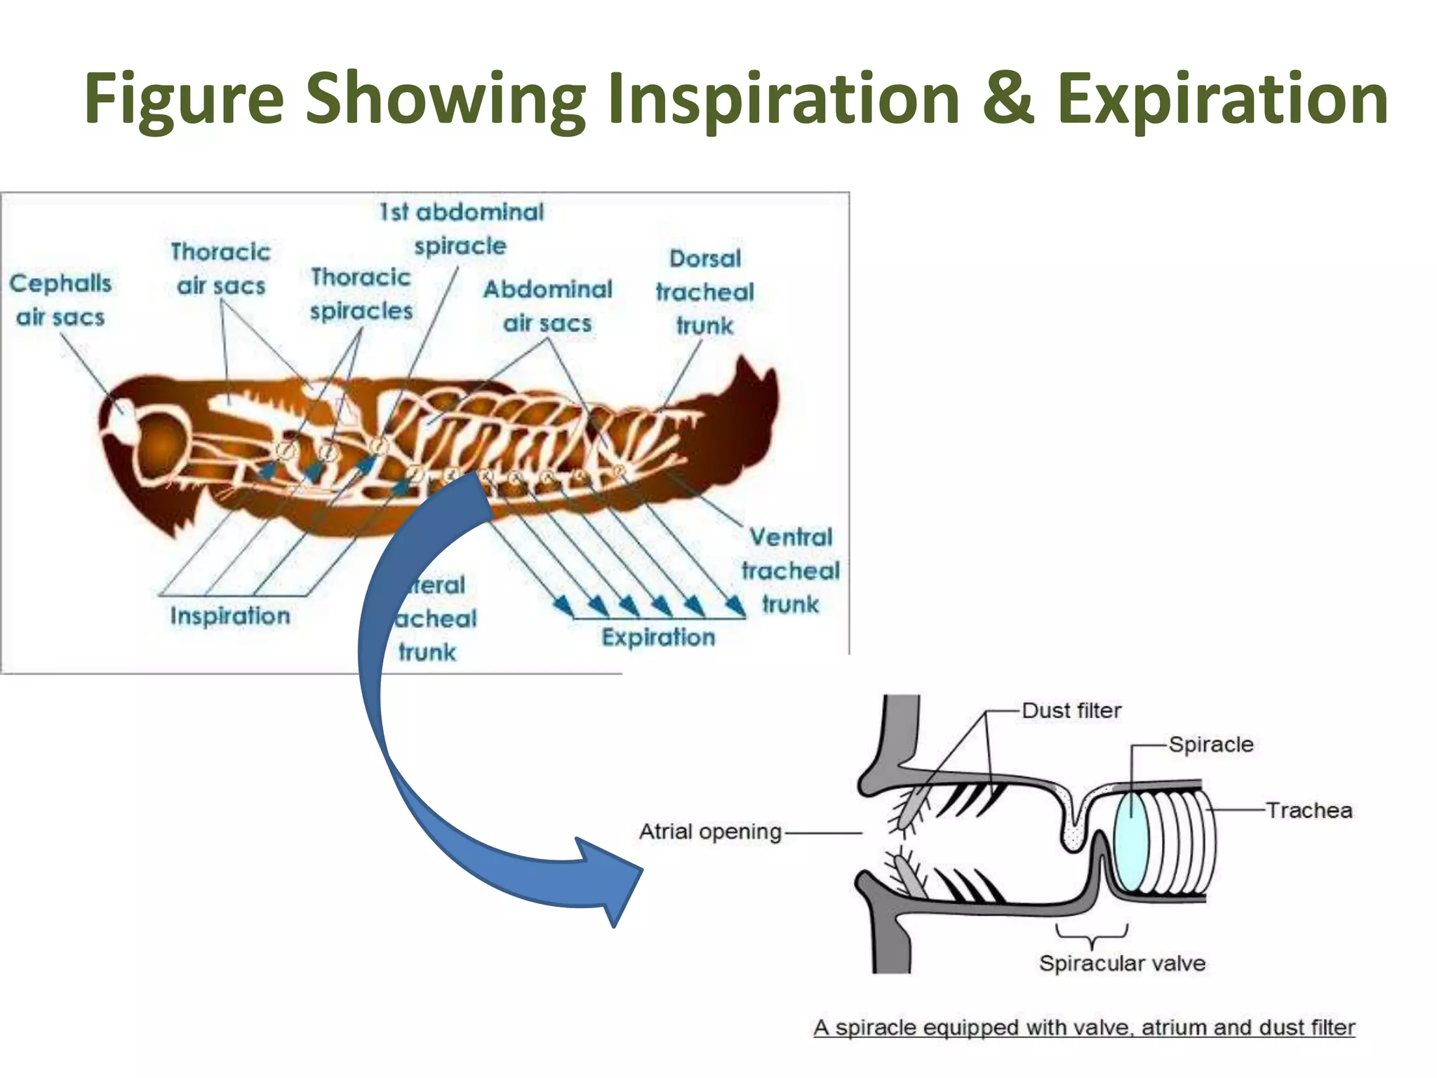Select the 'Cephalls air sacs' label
point(60,300)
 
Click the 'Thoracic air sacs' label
point(220,269)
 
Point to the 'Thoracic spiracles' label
point(361,294)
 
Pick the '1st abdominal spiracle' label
point(461,229)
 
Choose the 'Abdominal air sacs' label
point(547,306)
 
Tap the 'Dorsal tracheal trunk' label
point(704,292)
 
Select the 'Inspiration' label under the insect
point(230,615)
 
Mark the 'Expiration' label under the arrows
point(658,637)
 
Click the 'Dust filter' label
point(1071,710)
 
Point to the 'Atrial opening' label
point(710,832)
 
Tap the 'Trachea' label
point(1309,811)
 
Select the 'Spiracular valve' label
point(1122,963)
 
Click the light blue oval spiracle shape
point(1131,841)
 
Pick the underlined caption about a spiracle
point(1084,1027)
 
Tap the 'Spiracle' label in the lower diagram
point(1211,744)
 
